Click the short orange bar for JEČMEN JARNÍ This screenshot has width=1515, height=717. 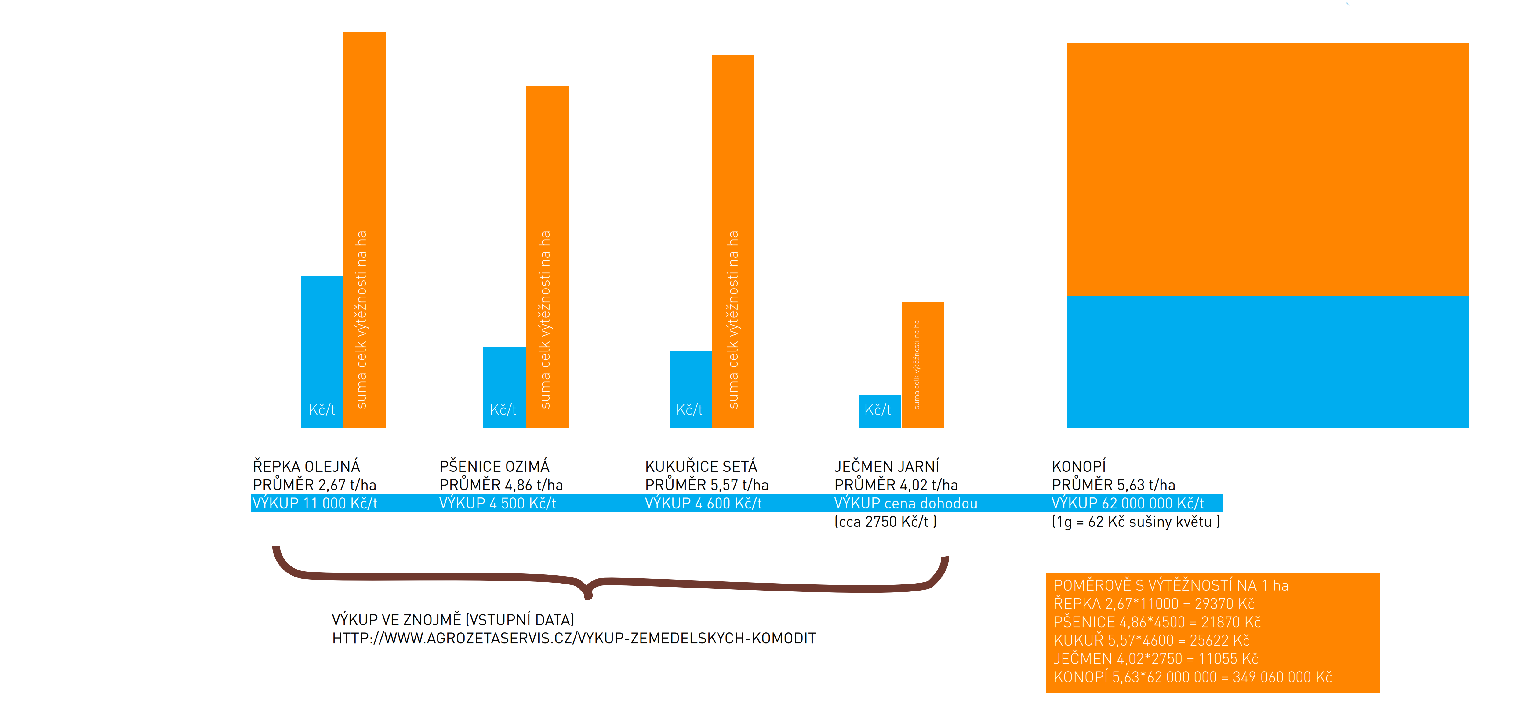pos(922,365)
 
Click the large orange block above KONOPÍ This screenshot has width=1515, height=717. pos(1267,169)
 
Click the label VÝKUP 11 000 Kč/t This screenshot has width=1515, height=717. pos(315,504)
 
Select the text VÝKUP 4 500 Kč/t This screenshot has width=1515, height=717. pos(498,504)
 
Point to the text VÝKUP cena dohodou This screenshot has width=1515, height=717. pos(906,504)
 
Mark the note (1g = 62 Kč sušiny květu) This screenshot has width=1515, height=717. pos(1135,522)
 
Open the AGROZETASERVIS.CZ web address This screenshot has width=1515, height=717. pos(573,638)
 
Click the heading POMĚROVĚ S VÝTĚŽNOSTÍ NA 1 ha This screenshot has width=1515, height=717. pos(1170,585)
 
